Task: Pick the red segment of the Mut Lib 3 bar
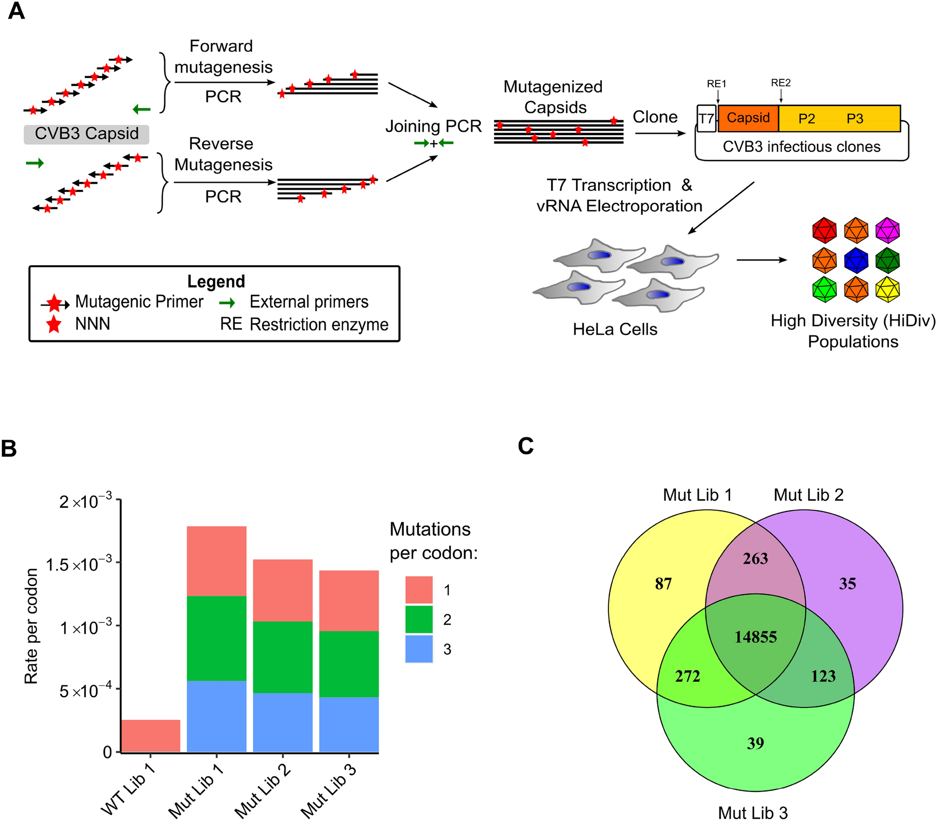point(349,601)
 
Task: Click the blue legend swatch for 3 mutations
point(418,649)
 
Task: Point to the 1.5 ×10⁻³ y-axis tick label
point(79,565)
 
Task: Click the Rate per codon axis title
point(31,626)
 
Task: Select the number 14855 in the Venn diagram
point(755,637)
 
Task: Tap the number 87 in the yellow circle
point(663,584)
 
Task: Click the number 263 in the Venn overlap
point(755,559)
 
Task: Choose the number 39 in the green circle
point(755,743)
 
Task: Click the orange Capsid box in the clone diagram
point(748,118)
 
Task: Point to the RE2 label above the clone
point(781,83)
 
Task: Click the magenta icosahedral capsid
point(887,230)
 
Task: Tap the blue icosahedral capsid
point(856,260)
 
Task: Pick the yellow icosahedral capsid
point(887,290)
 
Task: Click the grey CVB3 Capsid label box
point(87,134)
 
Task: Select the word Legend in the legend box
point(216,282)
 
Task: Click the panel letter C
point(526,446)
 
